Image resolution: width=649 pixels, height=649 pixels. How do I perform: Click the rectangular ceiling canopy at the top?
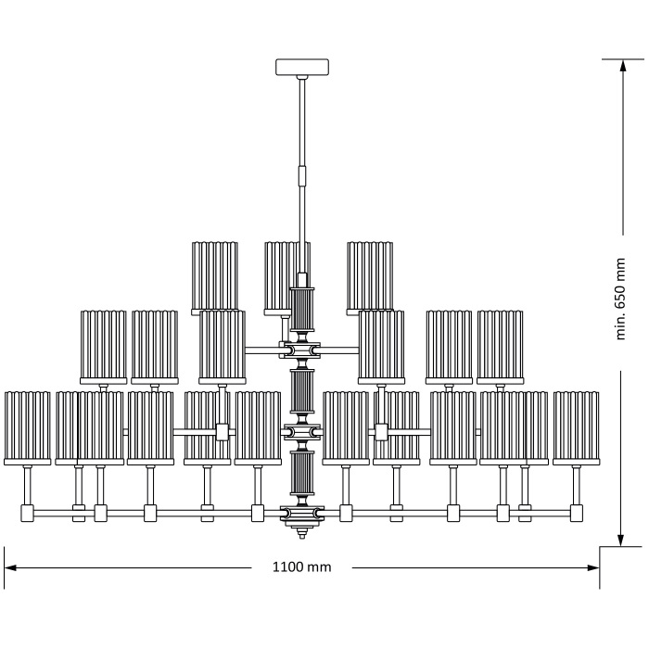302,68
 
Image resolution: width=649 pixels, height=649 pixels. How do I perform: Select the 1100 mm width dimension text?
301,566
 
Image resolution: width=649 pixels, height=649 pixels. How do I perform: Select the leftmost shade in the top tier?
215,276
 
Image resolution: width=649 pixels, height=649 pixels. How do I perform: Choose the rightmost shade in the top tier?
370,276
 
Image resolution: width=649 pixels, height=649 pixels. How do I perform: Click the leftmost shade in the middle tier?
103,346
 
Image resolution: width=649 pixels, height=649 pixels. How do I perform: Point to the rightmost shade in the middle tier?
501,346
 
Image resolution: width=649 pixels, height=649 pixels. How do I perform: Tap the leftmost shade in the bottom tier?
27,427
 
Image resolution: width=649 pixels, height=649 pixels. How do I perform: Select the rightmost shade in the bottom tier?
577,427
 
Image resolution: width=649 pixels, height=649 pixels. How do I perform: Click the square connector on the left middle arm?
222,431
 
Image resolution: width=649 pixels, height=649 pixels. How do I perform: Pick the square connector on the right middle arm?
381,431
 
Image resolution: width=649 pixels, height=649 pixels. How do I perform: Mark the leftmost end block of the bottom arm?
27,512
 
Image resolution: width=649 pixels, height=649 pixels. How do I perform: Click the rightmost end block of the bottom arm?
577,512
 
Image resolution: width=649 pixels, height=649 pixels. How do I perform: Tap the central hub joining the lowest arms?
302,512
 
